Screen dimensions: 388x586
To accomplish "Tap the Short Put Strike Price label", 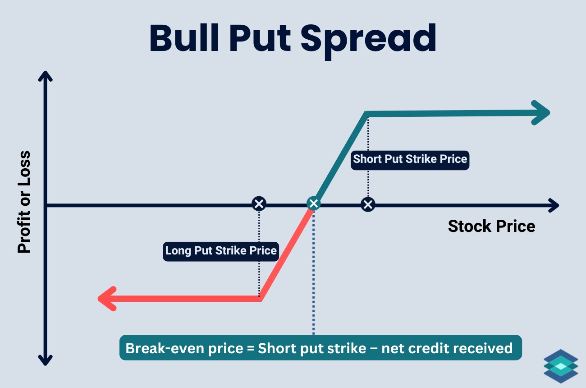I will click(x=410, y=159).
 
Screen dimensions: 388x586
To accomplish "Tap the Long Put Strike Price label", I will click(x=221, y=250).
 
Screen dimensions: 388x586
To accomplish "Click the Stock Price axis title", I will click(x=491, y=226).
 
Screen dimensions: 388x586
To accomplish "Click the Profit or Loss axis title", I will click(x=24, y=202).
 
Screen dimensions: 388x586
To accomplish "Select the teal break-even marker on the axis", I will click(x=313, y=204).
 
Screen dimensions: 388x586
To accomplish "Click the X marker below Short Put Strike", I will click(x=368, y=205).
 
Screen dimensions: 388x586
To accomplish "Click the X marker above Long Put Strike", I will click(x=259, y=204).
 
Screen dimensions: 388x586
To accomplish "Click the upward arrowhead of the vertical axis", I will click(x=45, y=77).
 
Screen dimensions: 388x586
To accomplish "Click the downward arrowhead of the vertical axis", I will click(x=45, y=359).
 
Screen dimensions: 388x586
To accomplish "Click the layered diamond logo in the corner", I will click(x=561, y=366).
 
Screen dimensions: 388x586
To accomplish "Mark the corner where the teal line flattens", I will click(x=367, y=113).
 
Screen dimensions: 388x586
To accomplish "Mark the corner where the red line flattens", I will click(x=261, y=298).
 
